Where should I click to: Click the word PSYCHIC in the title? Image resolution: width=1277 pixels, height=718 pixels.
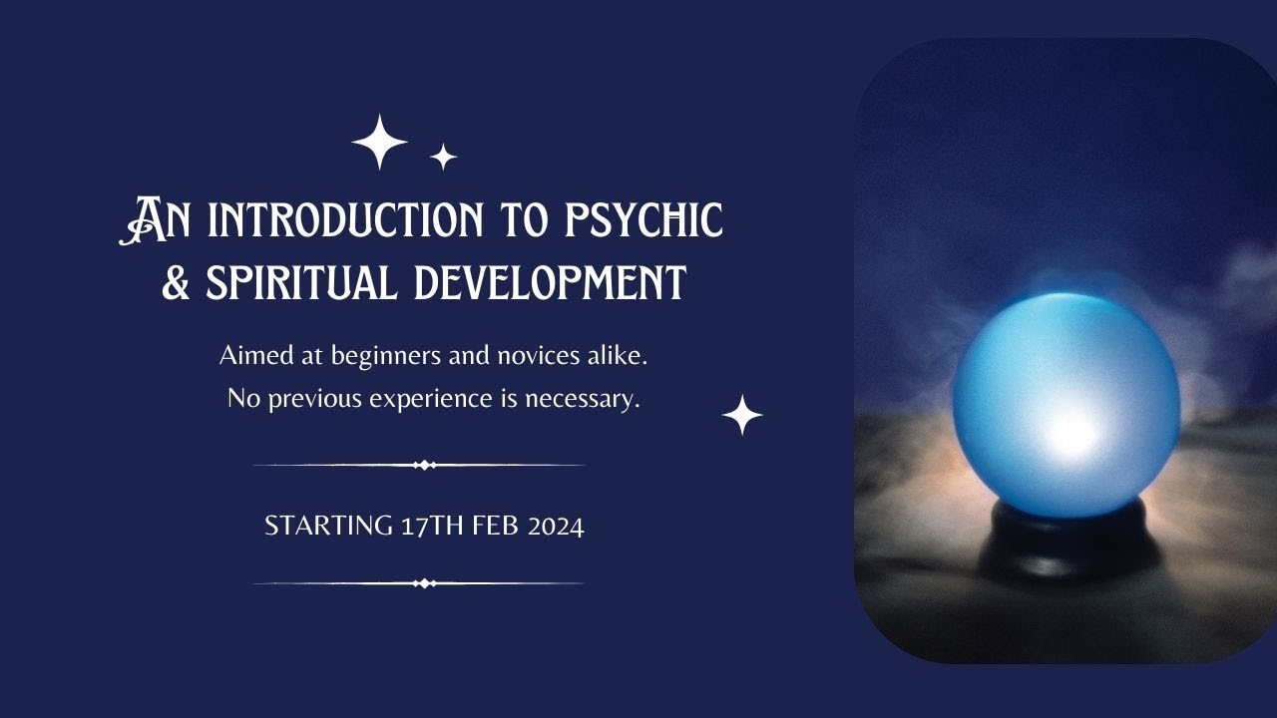[643, 220]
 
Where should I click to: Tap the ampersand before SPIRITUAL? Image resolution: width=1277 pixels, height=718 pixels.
[177, 282]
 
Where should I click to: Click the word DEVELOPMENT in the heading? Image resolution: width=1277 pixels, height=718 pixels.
[551, 282]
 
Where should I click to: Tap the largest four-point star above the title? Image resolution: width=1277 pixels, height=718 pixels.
[380, 142]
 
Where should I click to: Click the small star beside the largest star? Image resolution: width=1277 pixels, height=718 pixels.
[443, 157]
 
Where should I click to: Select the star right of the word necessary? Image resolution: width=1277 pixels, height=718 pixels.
[742, 415]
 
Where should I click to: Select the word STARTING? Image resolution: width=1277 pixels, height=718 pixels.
[328, 527]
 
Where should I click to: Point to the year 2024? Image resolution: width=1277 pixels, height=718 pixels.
[556, 527]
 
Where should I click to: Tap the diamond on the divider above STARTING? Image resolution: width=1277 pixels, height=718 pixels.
[424, 465]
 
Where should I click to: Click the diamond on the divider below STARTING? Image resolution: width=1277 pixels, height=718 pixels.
[424, 583]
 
